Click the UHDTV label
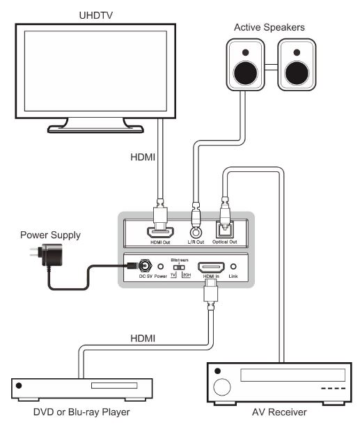tap(96, 15)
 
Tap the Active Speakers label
tap(269, 27)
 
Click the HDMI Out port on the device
tap(160, 233)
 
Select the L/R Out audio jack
tap(196, 233)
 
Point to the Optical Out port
tap(225, 230)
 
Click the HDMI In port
tap(211, 267)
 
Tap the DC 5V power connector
tap(145, 265)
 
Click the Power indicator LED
tap(161, 267)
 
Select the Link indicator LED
tap(233, 266)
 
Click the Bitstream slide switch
tap(179, 267)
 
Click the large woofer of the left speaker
tap(245, 73)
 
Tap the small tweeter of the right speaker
tap(297, 52)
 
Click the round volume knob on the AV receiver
tap(222, 387)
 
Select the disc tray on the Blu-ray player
tap(114, 386)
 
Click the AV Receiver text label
tap(279, 412)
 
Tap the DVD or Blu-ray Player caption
tap(81, 412)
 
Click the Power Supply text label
tap(50, 235)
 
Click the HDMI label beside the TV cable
tap(143, 157)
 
